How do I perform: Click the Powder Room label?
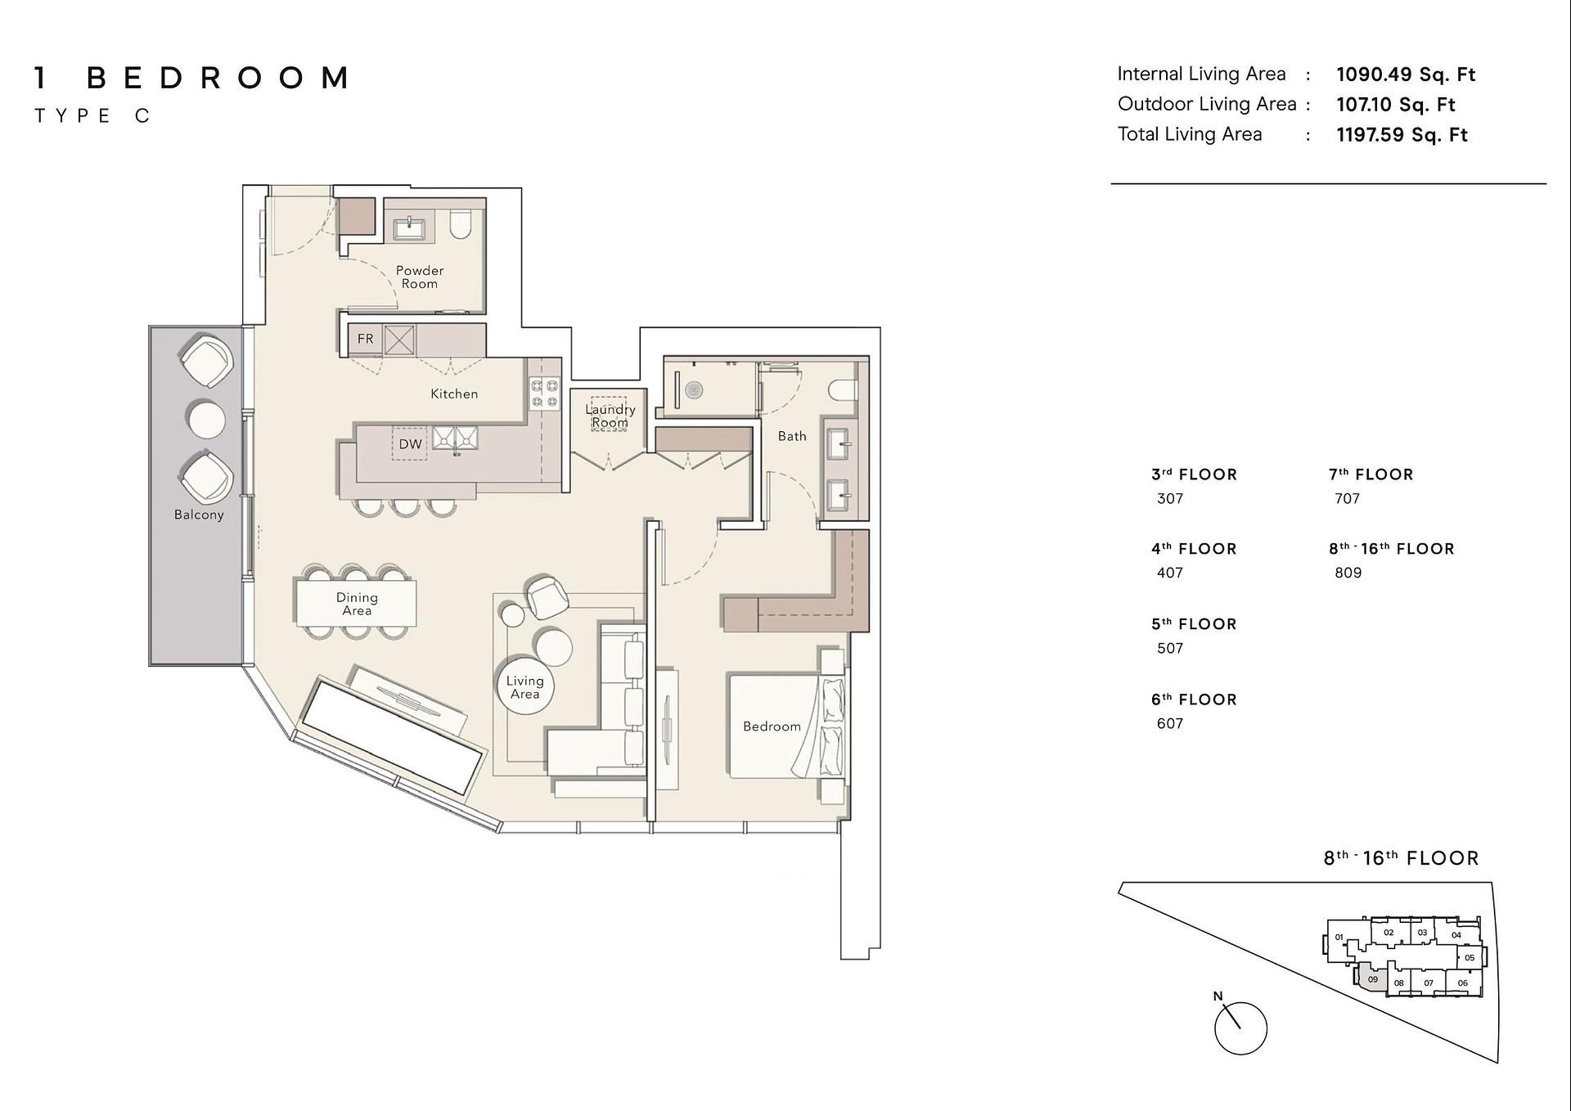click(x=420, y=277)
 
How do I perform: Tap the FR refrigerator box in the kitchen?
click(x=366, y=339)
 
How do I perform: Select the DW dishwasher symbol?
click(x=411, y=444)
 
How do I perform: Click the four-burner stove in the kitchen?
click(x=544, y=393)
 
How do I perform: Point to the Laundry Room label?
click(x=610, y=416)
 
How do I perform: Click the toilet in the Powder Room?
click(x=461, y=224)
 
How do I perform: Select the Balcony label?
click(x=199, y=515)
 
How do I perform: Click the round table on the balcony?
click(x=206, y=420)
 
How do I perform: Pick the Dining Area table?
click(x=356, y=603)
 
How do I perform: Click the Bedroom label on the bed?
click(x=772, y=726)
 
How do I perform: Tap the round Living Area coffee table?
click(x=525, y=686)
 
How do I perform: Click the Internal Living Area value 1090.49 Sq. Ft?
click(x=1406, y=74)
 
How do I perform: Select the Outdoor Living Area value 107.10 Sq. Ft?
click(x=1396, y=105)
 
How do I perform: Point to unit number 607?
click(x=1170, y=723)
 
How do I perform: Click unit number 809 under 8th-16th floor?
click(x=1348, y=573)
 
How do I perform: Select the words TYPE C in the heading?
click(x=92, y=116)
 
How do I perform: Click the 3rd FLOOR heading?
click(x=1194, y=475)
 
